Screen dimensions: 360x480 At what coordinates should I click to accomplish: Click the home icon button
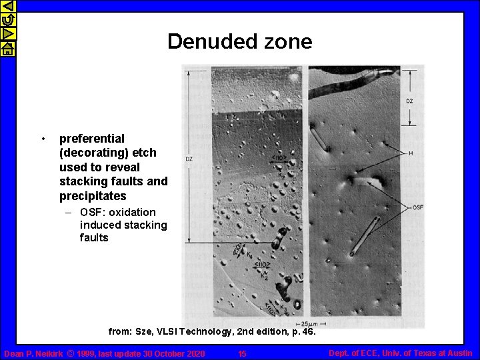[7, 49]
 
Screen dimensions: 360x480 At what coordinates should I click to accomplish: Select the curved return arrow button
[7, 20]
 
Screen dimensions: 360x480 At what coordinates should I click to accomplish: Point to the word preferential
[92, 139]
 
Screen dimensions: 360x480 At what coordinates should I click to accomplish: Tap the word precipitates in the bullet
[93, 196]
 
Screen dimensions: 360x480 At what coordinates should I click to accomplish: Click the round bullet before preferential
[42, 139]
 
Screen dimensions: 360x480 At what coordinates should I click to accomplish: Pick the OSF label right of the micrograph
[418, 207]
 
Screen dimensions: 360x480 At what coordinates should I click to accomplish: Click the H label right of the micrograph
[411, 153]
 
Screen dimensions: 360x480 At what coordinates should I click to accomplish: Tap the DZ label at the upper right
[409, 101]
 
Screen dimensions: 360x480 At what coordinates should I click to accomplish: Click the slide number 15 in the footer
[242, 353]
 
